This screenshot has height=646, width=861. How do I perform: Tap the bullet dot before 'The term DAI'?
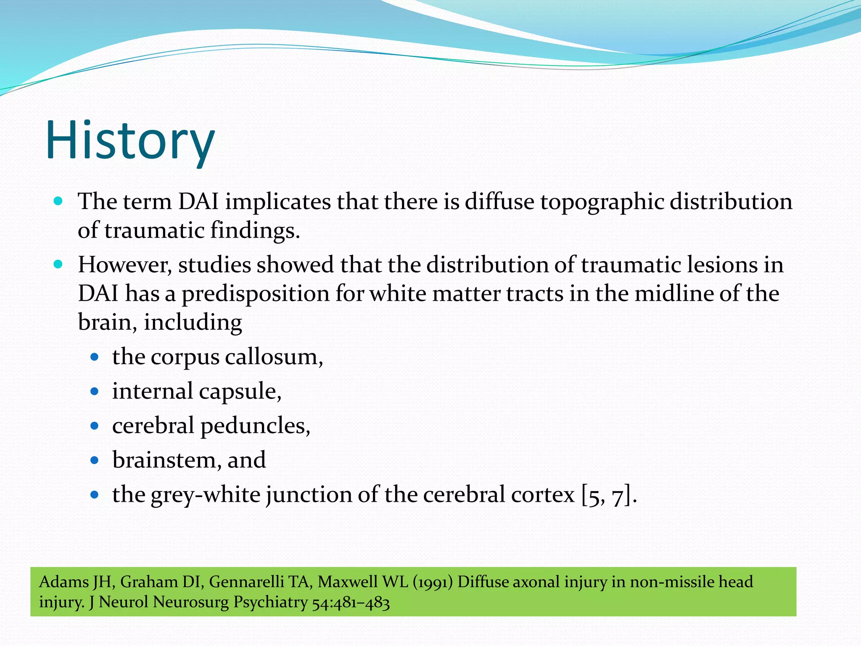(58, 201)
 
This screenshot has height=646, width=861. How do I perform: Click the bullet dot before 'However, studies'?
(58, 265)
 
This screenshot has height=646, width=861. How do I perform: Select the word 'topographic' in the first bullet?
(602, 202)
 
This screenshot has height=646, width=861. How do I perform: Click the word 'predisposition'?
(255, 294)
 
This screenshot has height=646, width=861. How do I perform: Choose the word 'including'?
(193, 323)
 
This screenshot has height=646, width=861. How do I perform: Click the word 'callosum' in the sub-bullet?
(274, 357)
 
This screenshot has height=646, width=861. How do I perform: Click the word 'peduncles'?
(255, 426)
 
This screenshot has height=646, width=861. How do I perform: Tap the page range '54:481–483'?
(351, 603)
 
